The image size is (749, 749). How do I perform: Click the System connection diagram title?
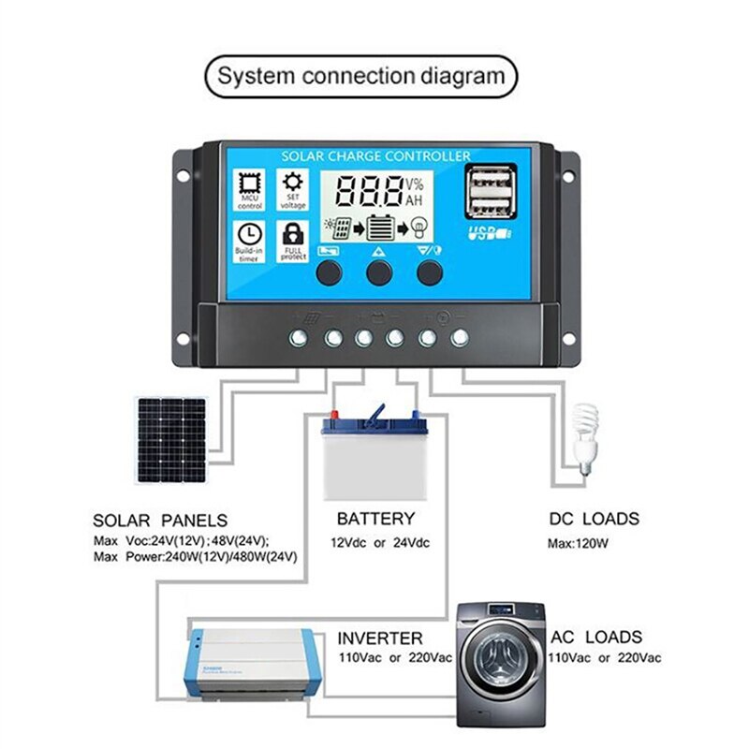(x=360, y=76)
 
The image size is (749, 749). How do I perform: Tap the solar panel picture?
(x=171, y=439)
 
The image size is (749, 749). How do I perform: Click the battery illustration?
(x=369, y=459)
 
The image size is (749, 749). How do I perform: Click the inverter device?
(x=249, y=661)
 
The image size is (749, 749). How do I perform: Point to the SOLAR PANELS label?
(x=160, y=520)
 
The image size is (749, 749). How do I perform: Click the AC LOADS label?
(x=596, y=638)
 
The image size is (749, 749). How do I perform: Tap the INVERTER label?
(x=380, y=639)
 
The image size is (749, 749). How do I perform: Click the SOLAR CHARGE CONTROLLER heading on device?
(x=375, y=155)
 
